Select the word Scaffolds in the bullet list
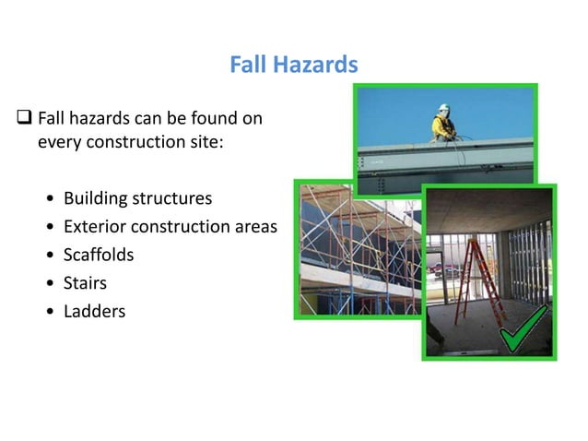(99, 255)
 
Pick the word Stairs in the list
(85, 282)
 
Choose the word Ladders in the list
(94, 311)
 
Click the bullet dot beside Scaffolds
(46, 256)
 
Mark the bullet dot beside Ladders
(46, 312)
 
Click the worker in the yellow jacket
(443, 124)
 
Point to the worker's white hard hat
(442, 106)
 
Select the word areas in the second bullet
(254, 227)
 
